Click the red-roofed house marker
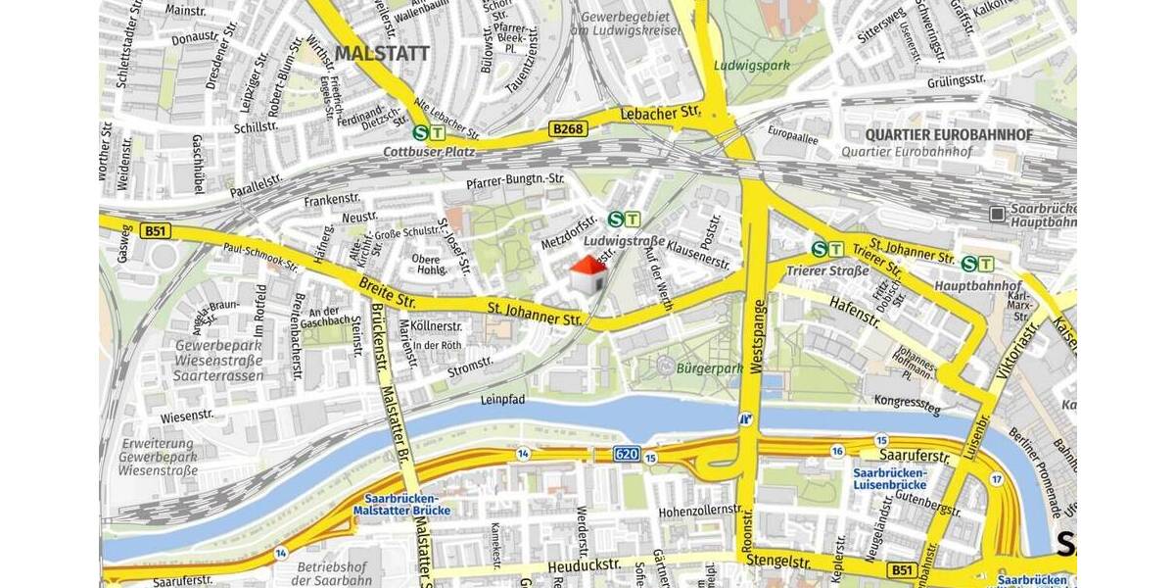click(587, 274)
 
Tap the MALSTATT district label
click(382, 53)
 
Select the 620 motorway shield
click(628, 454)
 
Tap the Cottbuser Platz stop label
click(429, 152)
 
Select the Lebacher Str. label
click(661, 114)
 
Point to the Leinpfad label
click(503, 400)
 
